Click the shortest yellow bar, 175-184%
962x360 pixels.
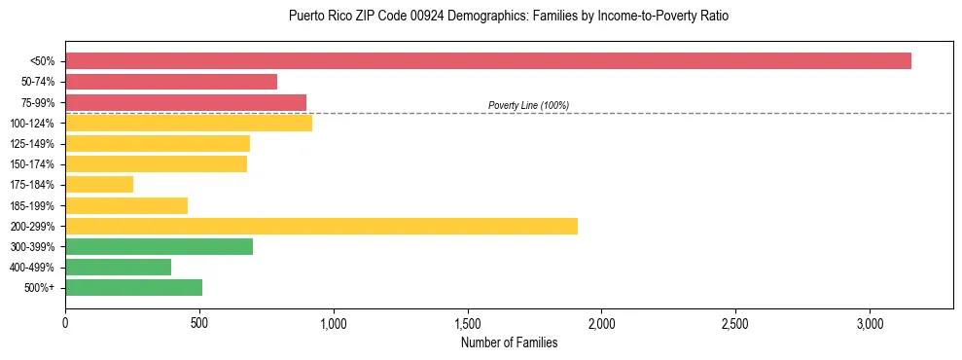point(99,185)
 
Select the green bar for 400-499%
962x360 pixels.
point(118,267)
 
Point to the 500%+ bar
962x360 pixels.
point(133,287)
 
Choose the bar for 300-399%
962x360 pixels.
point(159,246)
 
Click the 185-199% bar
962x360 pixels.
point(126,205)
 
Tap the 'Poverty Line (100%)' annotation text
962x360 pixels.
point(528,105)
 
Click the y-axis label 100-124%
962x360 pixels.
point(32,124)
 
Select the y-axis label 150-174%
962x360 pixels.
point(32,164)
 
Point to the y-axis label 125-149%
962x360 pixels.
point(32,144)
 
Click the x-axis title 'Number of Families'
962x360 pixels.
point(509,342)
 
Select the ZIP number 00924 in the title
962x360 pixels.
point(396,17)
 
